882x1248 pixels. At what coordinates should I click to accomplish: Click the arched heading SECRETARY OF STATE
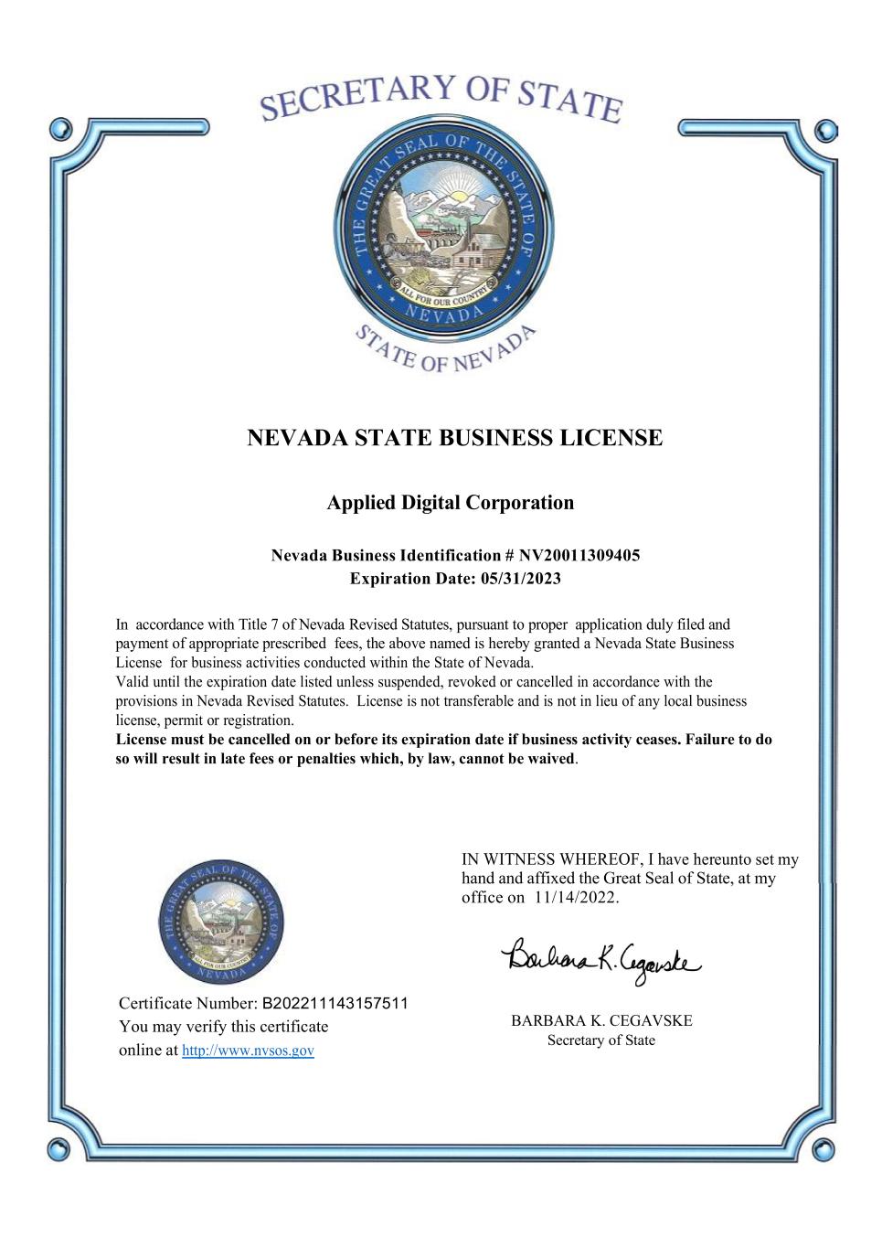[x=441, y=99]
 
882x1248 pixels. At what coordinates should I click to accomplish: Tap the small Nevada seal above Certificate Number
[x=221, y=923]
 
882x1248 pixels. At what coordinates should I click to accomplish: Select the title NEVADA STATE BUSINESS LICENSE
[x=454, y=438]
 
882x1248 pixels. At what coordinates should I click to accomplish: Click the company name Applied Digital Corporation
[x=451, y=502]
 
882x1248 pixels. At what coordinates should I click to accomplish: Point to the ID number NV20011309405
[x=579, y=556]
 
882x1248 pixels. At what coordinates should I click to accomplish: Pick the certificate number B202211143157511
[x=335, y=1003]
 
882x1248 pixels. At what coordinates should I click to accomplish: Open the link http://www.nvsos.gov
[x=248, y=1051]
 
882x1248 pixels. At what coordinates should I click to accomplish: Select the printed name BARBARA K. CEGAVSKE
[x=601, y=1020]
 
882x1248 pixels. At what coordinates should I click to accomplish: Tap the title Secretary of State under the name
[x=601, y=1040]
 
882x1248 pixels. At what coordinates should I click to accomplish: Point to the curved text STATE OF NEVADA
[x=444, y=350]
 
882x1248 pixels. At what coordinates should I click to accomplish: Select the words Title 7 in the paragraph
[x=259, y=625]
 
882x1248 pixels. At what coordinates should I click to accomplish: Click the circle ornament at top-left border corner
[x=61, y=128]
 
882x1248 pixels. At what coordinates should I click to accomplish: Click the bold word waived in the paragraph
[x=551, y=759]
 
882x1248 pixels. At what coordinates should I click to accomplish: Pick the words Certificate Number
[x=188, y=1003]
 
